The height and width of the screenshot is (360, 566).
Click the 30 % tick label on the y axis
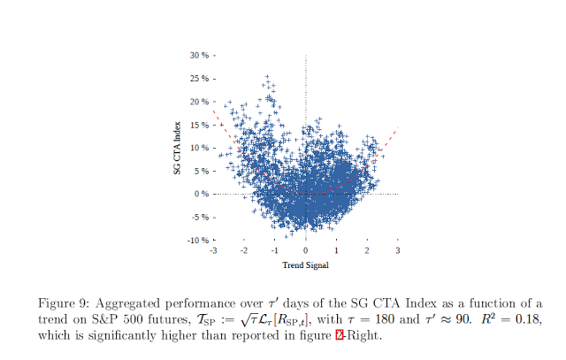click(198, 55)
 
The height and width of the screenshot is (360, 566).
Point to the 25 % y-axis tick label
click(198, 78)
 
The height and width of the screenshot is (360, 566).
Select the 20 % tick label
click(198, 101)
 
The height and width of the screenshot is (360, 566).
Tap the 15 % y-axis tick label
click(198, 124)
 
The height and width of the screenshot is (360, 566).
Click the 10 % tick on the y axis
click(198, 147)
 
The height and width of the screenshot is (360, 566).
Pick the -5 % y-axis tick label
click(198, 217)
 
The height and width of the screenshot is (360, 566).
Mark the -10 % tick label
click(196, 240)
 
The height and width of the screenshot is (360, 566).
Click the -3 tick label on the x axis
click(212, 251)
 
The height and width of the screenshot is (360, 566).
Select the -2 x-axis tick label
click(243, 251)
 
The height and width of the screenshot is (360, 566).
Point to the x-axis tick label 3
click(398, 251)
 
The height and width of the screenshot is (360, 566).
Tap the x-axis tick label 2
click(367, 251)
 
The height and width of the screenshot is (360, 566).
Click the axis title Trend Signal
click(305, 264)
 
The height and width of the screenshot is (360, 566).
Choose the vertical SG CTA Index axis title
click(179, 148)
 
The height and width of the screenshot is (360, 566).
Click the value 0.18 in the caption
click(525, 318)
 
